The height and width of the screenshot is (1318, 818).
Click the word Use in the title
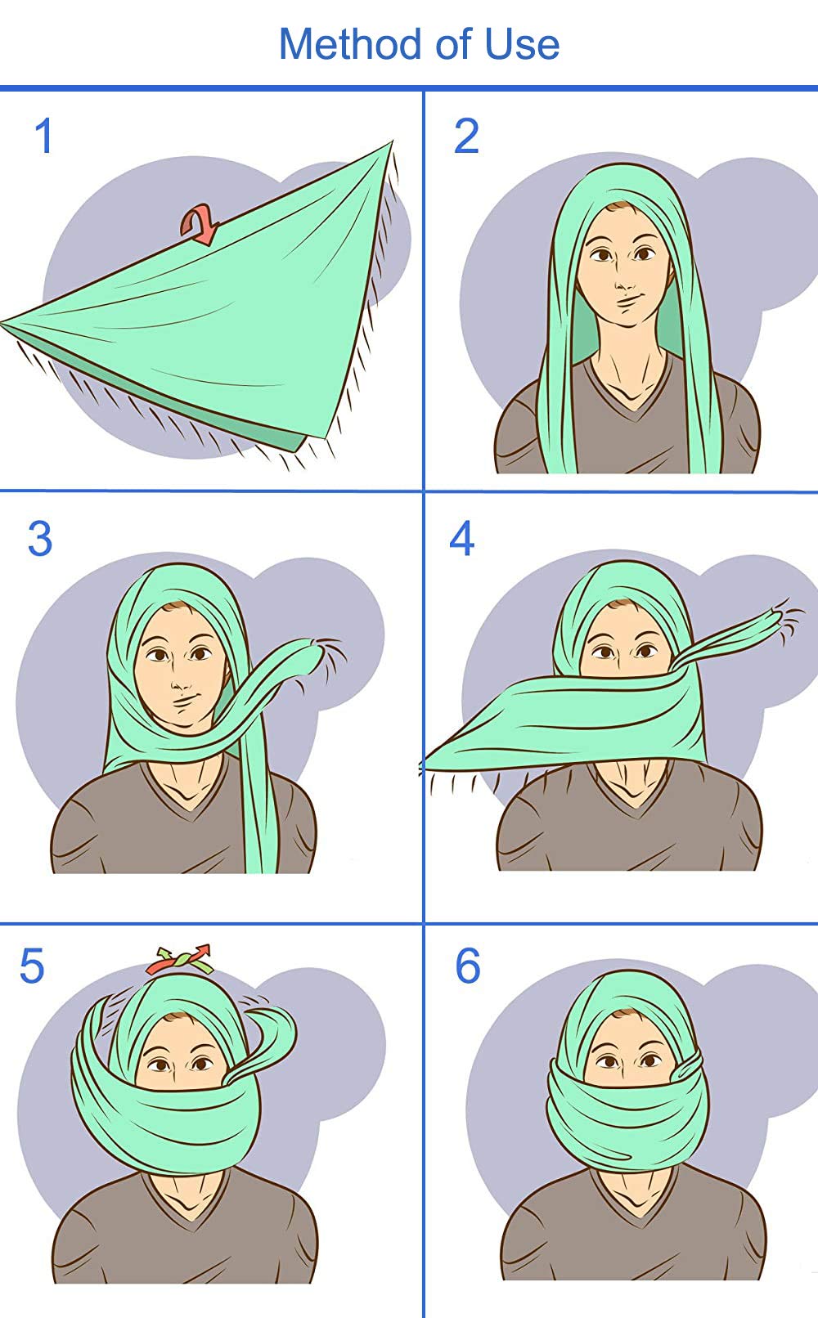[x=522, y=44]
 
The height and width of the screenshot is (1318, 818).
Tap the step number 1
[x=44, y=137]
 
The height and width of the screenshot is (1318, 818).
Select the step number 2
[x=466, y=137]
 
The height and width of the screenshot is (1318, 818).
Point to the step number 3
[x=39, y=540]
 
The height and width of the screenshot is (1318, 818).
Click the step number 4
[x=462, y=540]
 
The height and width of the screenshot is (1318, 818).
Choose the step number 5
[x=32, y=967]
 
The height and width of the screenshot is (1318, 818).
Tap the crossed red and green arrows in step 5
[x=180, y=959]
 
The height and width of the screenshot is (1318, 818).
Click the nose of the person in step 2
[x=624, y=283]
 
